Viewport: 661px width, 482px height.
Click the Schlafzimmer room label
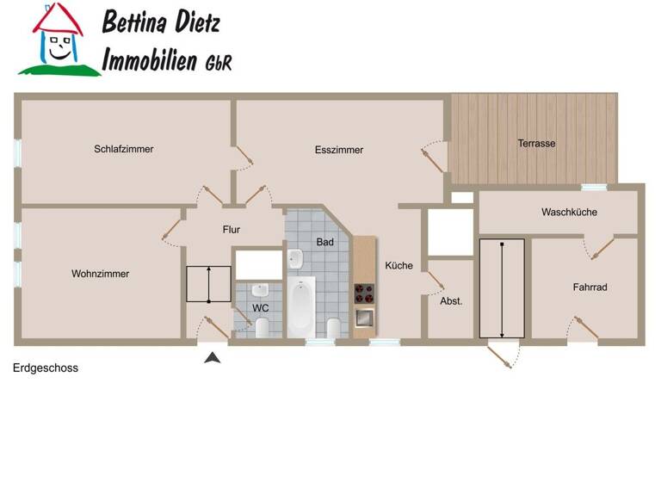point(124,149)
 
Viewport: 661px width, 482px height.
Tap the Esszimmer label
point(339,150)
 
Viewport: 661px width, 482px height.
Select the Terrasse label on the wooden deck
point(536,144)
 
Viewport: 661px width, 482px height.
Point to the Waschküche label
point(569,212)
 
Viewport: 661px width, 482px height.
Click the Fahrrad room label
point(590,287)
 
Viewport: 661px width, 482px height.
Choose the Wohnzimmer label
point(101,274)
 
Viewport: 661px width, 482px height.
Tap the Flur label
point(232,230)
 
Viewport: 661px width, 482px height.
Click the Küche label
point(398,266)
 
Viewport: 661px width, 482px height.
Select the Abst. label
point(451,301)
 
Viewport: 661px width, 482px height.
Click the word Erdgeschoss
point(46,368)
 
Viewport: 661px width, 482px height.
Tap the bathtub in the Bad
point(300,308)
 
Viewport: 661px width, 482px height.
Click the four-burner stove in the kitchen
point(365,294)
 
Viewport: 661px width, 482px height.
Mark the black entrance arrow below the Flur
point(212,356)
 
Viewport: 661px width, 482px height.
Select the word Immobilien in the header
point(151,60)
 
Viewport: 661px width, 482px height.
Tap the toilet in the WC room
point(262,324)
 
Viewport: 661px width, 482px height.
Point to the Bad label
point(324,242)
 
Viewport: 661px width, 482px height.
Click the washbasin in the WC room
point(263,288)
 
